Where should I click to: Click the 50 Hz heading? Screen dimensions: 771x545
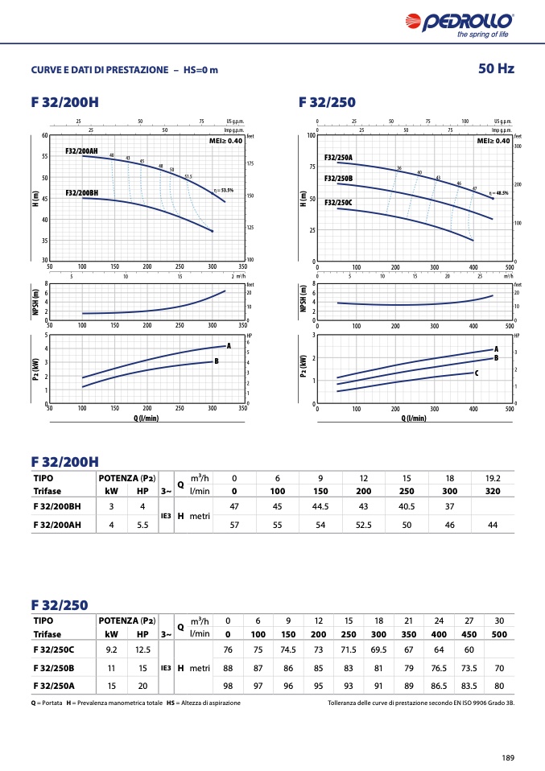(x=496, y=68)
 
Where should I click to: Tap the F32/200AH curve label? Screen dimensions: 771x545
(x=81, y=151)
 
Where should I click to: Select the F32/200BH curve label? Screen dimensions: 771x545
(x=81, y=193)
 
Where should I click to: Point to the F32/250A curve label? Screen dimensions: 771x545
(x=338, y=158)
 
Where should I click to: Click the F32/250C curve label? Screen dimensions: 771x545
(x=338, y=202)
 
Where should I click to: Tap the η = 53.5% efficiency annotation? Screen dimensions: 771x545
(x=224, y=191)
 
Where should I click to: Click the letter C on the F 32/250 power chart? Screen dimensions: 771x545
(x=476, y=373)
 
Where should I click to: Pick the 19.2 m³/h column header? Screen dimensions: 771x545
(x=493, y=477)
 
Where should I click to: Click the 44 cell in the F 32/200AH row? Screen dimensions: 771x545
(x=493, y=525)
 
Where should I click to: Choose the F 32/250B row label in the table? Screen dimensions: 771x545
(x=54, y=668)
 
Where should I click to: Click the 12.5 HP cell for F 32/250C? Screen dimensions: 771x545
(x=142, y=649)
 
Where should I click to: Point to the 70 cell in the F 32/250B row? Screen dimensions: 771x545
(x=499, y=668)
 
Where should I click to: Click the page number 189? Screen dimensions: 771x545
(x=507, y=757)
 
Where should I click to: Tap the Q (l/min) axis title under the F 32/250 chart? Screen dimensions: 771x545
(x=414, y=418)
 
